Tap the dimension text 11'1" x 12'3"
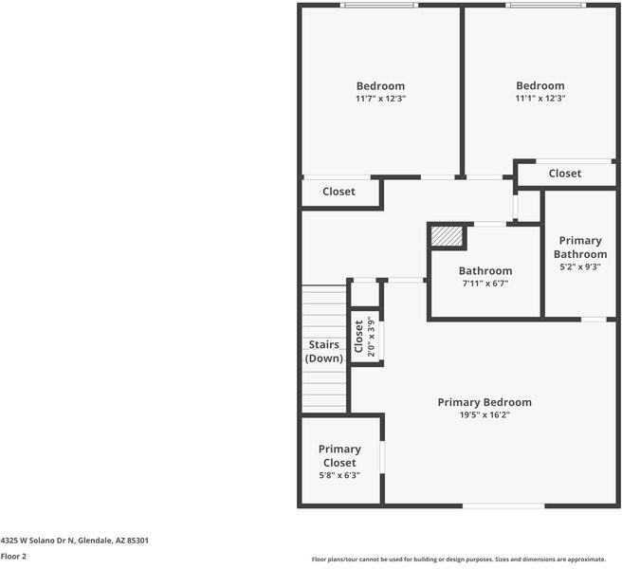pyautogui.click(x=540, y=98)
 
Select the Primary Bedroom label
pyautogui.click(x=484, y=402)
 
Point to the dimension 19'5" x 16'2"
pyautogui.click(x=484, y=414)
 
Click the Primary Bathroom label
pyautogui.click(x=580, y=248)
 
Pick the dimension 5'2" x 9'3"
pyautogui.click(x=580, y=266)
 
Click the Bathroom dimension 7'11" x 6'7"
pyautogui.click(x=485, y=283)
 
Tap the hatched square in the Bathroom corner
pyautogui.click(x=446, y=235)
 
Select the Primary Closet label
pyautogui.click(x=339, y=455)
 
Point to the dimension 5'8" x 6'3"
pyautogui.click(x=339, y=475)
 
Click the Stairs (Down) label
pyautogui.click(x=324, y=351)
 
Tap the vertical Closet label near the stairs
pyautogui.click(x=358, y=337)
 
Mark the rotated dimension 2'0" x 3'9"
pyautogui.click(x=372, y=336)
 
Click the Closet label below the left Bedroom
pyautogui.click(x=338, y=192)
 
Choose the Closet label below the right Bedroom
pyautogui.click(x=564, y=174)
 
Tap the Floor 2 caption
pyautogui.click(x=13, y=557)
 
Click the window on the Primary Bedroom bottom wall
pyautogui.click(x=503, y=505)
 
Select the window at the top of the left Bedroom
pyautogui.click(x=379, y=6)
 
